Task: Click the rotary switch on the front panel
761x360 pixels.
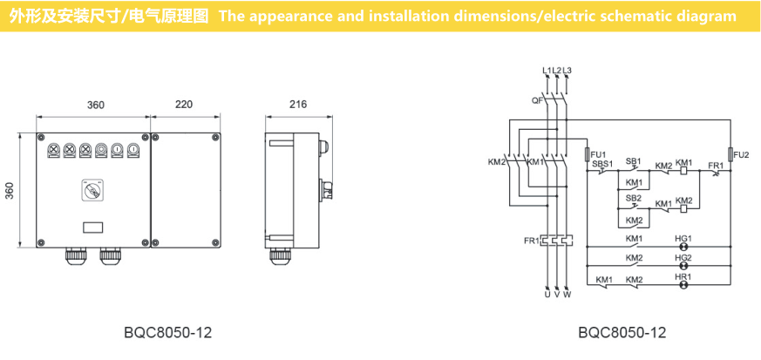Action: [90, 189]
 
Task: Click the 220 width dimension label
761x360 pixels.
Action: [183, 105]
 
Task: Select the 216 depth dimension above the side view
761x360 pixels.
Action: [298, 105]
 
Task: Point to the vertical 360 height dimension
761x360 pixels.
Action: [10, 189]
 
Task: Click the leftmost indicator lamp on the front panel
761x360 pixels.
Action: [53, 150]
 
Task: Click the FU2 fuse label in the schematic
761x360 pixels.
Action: [741, 155]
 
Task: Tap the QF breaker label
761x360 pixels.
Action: [537, 100]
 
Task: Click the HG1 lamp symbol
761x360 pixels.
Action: [683, 248]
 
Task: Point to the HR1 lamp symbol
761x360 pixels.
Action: [683, 284]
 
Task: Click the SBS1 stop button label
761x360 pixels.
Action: [602, 163]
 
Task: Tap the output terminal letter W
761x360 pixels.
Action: [568, 295]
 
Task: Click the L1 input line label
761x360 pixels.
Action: [547, 70]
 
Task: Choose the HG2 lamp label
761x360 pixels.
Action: [683, 258]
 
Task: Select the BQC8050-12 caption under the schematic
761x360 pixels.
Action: [622, 333]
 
